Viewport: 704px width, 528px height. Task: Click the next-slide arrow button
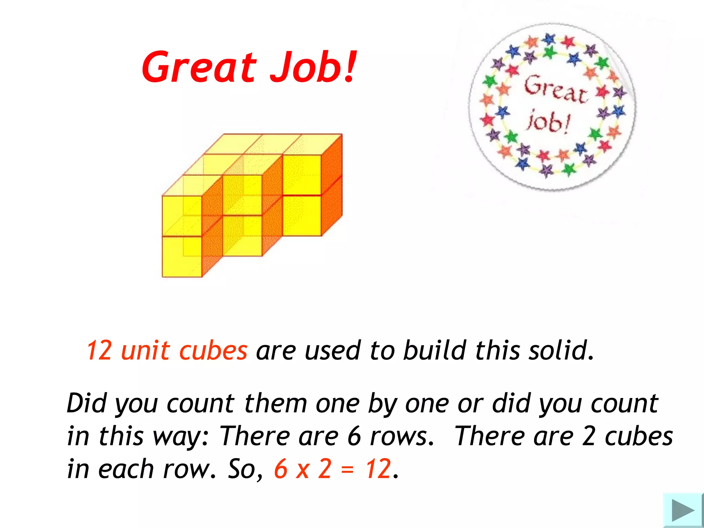pyautogui.click(x=683, y=510)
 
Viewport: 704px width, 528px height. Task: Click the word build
pyautogui.click(x=434, y=351)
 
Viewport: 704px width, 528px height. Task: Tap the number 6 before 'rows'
pyautogui.click(x=354, y=436)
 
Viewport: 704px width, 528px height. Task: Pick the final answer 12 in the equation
pyautogui.click(x=378, y=469)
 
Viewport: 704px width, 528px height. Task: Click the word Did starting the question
pyautogui.click(x=87, y=403)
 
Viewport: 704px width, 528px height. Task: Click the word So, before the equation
pyautogui.click(x=245, y=469)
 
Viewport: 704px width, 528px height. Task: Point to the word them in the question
pyautogui.click(x=275, y=403)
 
